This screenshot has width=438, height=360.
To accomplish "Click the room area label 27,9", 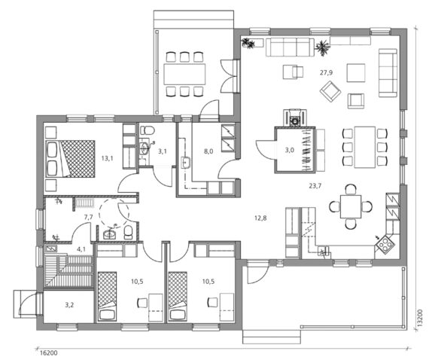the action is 327,73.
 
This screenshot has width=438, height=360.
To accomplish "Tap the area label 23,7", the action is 315,186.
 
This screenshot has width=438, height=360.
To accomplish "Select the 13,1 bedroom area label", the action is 108,158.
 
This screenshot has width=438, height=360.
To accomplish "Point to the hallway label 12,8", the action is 260,218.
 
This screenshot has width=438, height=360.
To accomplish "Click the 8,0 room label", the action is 208,151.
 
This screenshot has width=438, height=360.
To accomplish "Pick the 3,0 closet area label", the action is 290,150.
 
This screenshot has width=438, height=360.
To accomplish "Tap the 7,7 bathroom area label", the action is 88,217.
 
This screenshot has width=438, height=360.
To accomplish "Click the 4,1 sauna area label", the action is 81,249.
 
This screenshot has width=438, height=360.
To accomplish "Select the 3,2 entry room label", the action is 69,305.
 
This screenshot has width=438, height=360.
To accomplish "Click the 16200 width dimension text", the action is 49,353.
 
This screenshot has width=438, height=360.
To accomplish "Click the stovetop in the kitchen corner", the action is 385,244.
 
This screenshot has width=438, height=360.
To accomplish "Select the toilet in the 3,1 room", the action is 148,130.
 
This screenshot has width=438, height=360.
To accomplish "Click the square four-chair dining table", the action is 351,206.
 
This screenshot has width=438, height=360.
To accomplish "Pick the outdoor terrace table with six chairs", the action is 184,74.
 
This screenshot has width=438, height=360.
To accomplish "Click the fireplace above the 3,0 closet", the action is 295,118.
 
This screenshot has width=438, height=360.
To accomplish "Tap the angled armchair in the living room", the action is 330,91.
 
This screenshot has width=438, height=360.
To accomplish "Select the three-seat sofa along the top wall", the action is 290,47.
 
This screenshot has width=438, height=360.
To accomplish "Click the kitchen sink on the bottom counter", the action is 324,251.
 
